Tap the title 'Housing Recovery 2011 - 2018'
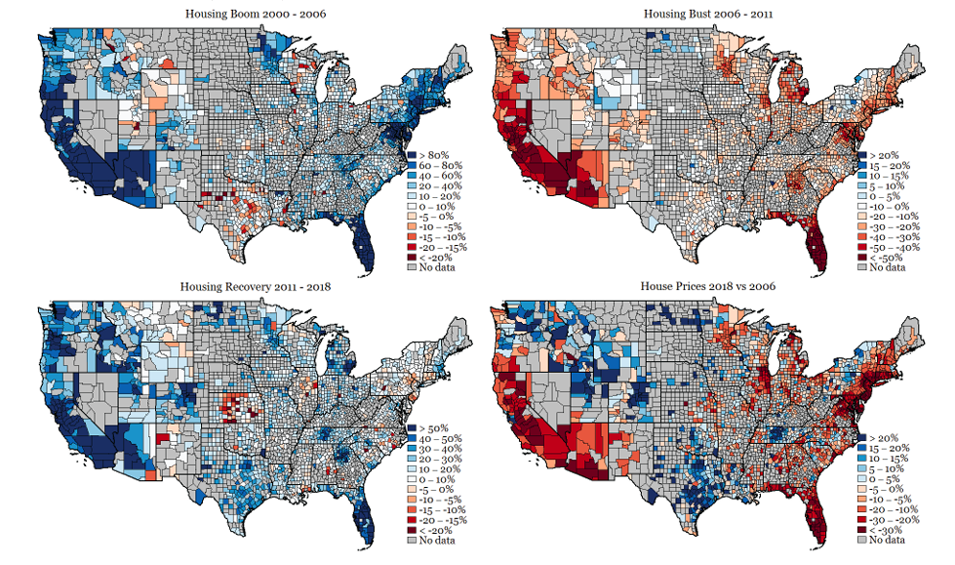coord(246,286)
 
